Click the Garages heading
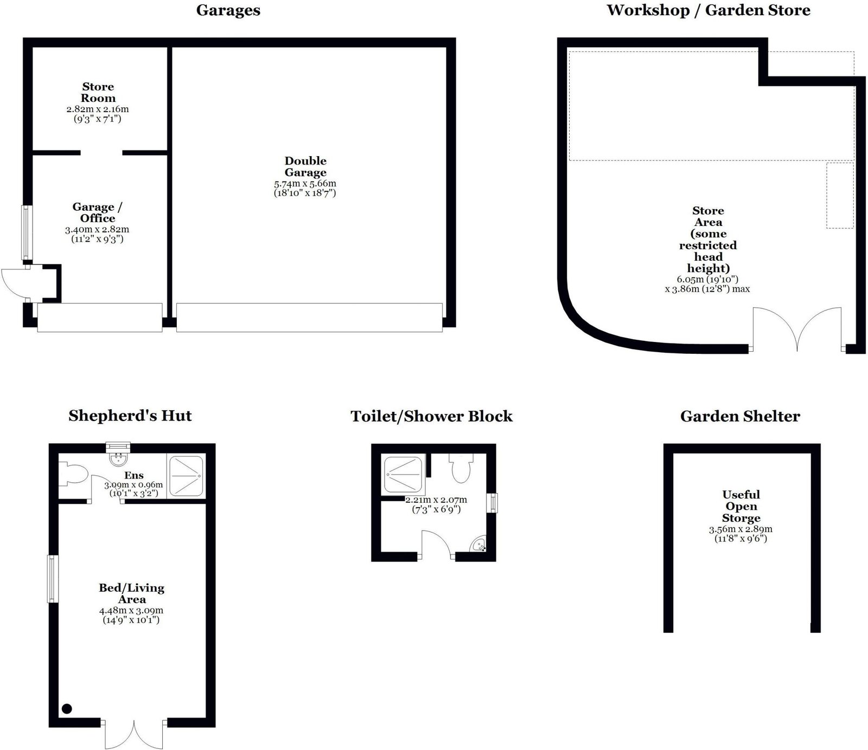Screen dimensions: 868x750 pos(228,11)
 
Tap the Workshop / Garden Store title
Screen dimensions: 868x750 pos(709,10)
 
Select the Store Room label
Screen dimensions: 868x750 pos(98,92)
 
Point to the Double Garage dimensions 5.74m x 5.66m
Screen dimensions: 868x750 pos(305,184)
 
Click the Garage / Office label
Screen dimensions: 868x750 pos(98,212)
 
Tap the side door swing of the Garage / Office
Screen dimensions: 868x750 pos(12,282)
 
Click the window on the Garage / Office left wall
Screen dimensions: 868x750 pos(25,232)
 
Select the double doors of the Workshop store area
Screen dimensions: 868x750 pos(796,328)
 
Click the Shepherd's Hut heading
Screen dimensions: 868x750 pos(130,416)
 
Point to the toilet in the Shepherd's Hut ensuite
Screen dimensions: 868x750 pos(73,473)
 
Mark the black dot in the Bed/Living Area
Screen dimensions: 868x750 pos(67,708)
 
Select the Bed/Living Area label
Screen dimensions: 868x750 pos(131,593)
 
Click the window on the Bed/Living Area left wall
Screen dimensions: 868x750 pos(53,578)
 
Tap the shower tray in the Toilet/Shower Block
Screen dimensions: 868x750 pos(403,475)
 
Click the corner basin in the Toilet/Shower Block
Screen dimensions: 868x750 pos(478,544)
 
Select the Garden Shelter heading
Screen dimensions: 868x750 pos(740,416)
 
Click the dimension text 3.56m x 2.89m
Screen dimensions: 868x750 pos(741,529)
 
